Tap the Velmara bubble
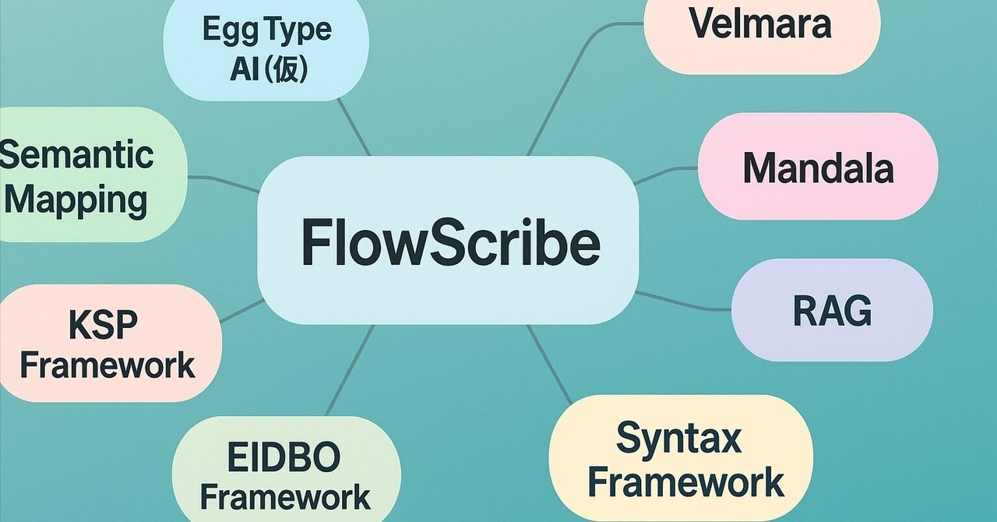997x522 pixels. click(761, 25)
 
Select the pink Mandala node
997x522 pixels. click(817, 168)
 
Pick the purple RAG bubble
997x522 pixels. click(832, 311)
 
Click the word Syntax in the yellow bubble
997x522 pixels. click(678, 439)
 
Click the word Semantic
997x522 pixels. click(76, 154)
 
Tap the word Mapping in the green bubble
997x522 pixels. click(76, 199)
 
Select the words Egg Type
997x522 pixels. click(266, 30)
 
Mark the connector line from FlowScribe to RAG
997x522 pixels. click(684, 303)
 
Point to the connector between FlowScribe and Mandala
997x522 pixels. click(667, 173)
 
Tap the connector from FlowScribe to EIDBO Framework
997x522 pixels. click(350, 370)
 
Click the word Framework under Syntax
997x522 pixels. click(685, 482)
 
